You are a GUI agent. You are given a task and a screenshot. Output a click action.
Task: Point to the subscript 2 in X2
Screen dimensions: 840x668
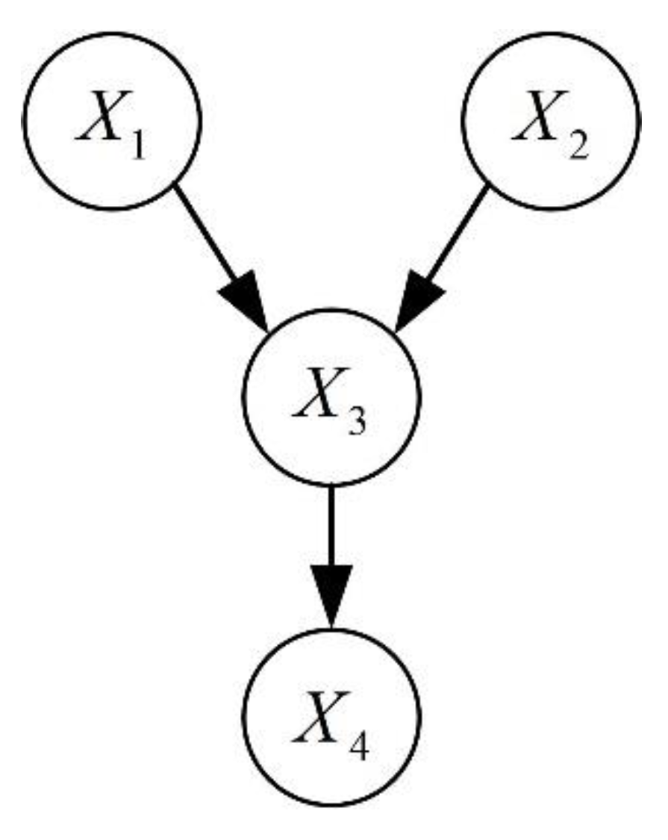pos(578,142)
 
